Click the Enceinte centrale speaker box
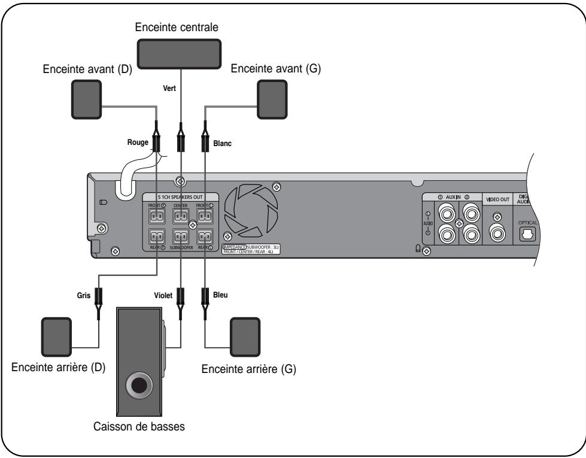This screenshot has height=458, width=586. tap(180, 54)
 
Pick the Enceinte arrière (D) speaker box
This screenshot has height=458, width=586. tap(56, 338)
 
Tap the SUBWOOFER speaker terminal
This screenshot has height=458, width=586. tap(180, 235)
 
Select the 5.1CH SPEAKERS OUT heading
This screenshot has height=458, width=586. tap(180, 196)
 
